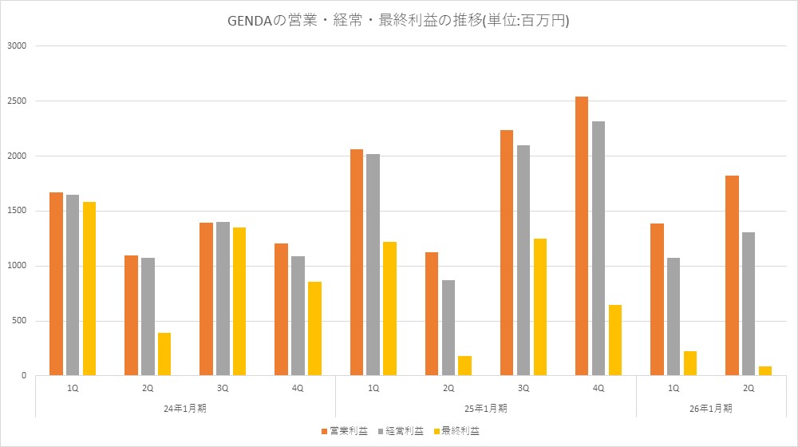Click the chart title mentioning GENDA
[398, 21]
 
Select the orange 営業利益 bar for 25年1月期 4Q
[581, 236]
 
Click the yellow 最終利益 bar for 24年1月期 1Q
[89, 289]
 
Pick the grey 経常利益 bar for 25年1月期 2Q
[448, 328]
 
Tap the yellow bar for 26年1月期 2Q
[764, 371]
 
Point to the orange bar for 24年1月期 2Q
[131, 315]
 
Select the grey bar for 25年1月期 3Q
[523, 260]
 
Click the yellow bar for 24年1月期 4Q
[314, 329]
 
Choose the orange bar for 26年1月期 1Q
[657, 299]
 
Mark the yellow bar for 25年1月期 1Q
[389, 309]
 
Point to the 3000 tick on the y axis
[18, 46]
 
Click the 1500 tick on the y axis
[18, 211]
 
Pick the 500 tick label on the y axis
[20, 321]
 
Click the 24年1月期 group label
[185, 407]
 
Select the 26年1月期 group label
[710, 407]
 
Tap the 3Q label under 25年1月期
[523, 387]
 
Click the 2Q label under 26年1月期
[749, 387]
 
